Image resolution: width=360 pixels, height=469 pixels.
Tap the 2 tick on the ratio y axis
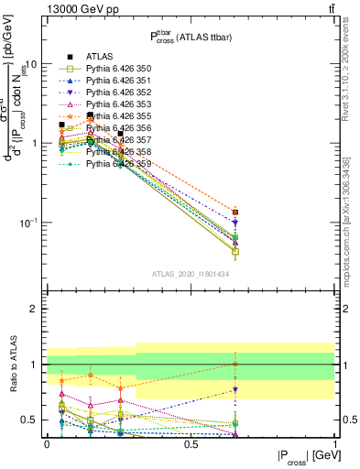pos(34,310)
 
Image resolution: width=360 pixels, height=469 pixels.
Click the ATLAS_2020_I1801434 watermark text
pos(191,275)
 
